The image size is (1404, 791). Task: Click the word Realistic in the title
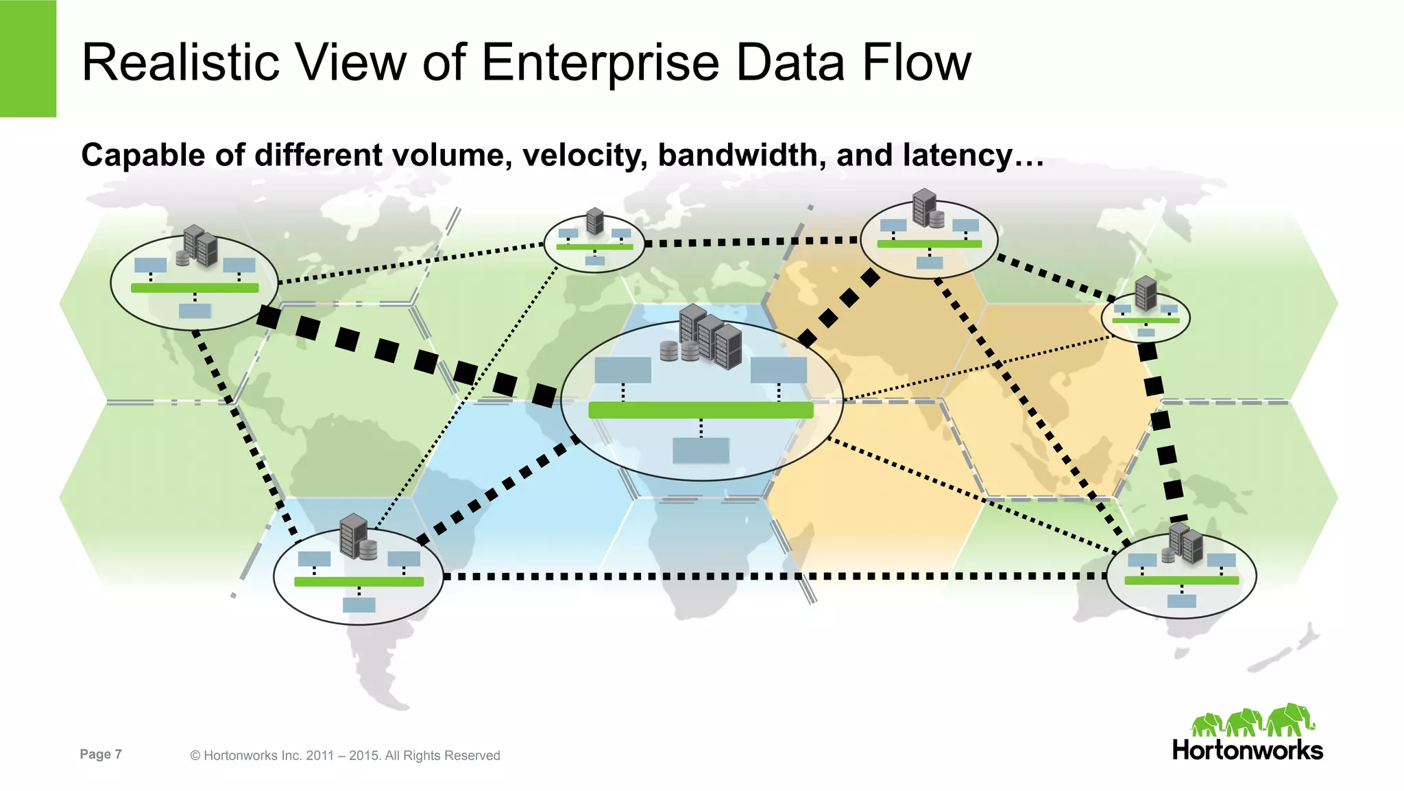(x=180, y=62)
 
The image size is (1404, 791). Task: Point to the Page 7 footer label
(x=101, y=754)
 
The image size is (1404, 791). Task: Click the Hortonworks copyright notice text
(x=345, y=755)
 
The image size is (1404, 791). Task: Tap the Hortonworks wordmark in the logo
(x=1247, y=750)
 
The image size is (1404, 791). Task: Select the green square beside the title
(x=27, y=58)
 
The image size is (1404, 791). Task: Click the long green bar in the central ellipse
(x=701, y=410)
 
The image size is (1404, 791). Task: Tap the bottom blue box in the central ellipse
(x=701, y=451)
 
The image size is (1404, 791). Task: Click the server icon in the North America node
(x=201, y=246)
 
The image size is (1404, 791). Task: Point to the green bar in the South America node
(x=359, y=582)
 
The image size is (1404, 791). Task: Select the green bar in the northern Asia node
(x=929, y=244)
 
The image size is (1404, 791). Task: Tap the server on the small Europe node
(x=595, y=222)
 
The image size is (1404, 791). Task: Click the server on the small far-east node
(x=1146, y=293)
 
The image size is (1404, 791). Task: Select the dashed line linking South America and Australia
(x=775, y=576)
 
